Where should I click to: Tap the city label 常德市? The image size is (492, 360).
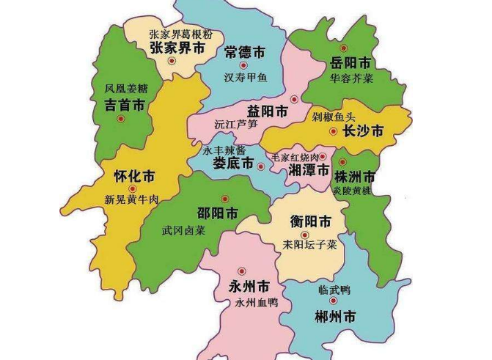(x=243, y=53)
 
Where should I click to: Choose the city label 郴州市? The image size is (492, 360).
(x=334, y=317)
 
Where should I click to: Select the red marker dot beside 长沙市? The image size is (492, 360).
(x=334, y=132)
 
